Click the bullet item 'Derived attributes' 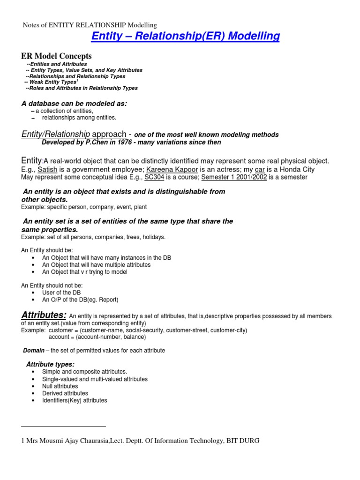(65, 393)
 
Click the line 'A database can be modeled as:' (75, 103)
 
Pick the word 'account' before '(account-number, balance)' (60, 337)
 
